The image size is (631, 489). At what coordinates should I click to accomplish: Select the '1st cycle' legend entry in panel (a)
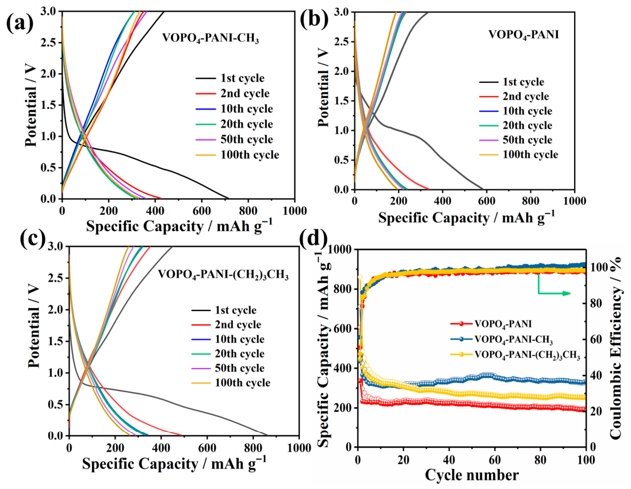[x=230, y=78]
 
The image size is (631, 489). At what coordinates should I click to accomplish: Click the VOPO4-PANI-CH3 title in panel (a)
[x=211, y=39]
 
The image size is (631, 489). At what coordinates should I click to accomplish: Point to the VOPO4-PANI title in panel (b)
[x=523, y=35]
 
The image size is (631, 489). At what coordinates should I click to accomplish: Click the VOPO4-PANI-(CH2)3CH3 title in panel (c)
[x=223, y=275]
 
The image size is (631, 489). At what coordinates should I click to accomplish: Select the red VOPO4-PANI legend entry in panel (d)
[x=491, y=324]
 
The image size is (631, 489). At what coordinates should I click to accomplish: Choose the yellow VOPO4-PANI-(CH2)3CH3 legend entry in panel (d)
[x=515, y=355]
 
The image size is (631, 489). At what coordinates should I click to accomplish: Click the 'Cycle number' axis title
[x=472, y=475]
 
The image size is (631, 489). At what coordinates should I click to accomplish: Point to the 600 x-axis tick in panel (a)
[x=201, y=211]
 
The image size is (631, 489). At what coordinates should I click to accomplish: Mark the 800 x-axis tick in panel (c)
[x=253, y=448]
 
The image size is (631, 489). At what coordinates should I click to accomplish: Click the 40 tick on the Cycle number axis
[x=449, y=460]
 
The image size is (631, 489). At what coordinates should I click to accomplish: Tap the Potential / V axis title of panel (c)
[x=35, y=327]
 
